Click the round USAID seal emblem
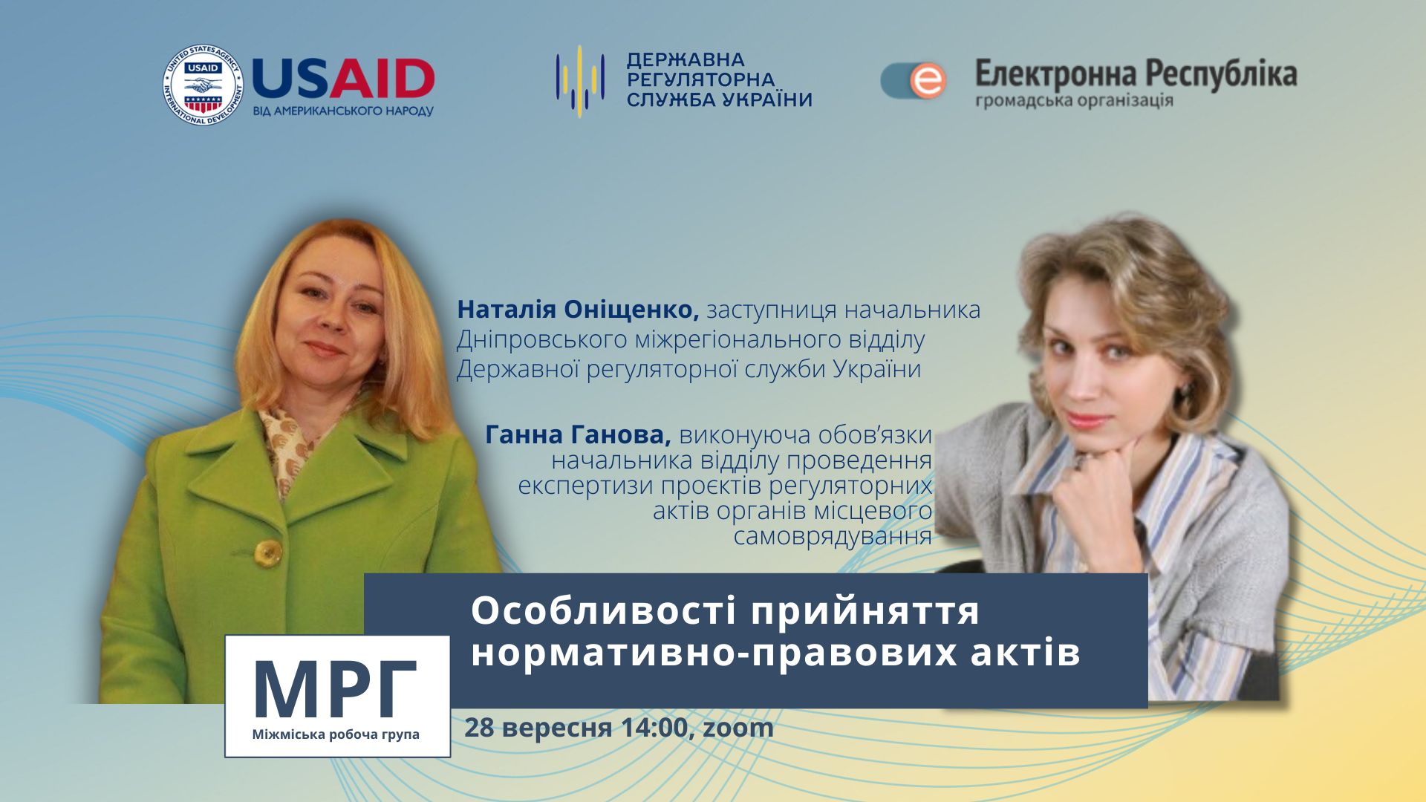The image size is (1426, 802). tap(203, 85)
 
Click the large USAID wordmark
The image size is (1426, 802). tap(343, 79)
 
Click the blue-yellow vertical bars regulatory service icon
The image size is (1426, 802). tap(580, 77)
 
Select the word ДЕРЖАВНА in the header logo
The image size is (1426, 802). tap(686, 59)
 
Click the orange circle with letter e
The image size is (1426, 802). tap(928, 81)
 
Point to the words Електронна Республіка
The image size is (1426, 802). tap(1136, 74)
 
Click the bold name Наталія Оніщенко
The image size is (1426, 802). tap(578, 310)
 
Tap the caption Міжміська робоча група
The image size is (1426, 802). tap(336, 734)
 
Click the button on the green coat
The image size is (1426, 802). tap(267, 552)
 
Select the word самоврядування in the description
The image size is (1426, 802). tap(833, 537)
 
